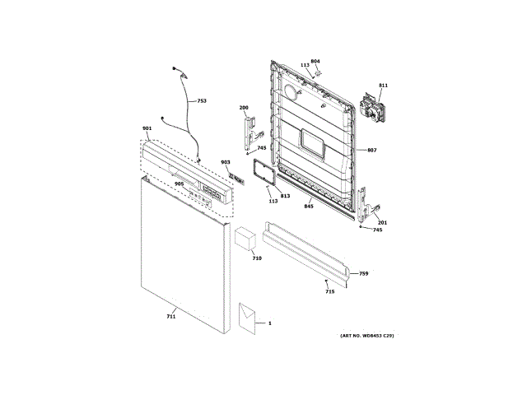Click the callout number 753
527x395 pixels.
(202, 101)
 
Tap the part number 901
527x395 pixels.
(147, 129)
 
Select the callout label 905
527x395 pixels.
(179, 184)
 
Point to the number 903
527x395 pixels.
(225, 163)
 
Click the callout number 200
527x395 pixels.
(244, 109)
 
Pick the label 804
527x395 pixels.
(315, 61)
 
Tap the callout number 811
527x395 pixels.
(383, 86)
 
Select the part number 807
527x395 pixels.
(371, 150)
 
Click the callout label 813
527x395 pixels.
(285, 197)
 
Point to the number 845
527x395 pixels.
(309, 206)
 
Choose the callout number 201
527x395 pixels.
(382, 222)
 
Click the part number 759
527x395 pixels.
(363, 273)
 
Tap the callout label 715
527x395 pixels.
(329, 291)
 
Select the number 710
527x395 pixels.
(256, 258)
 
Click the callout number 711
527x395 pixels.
(171, 316)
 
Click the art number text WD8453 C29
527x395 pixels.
(366, 337)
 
